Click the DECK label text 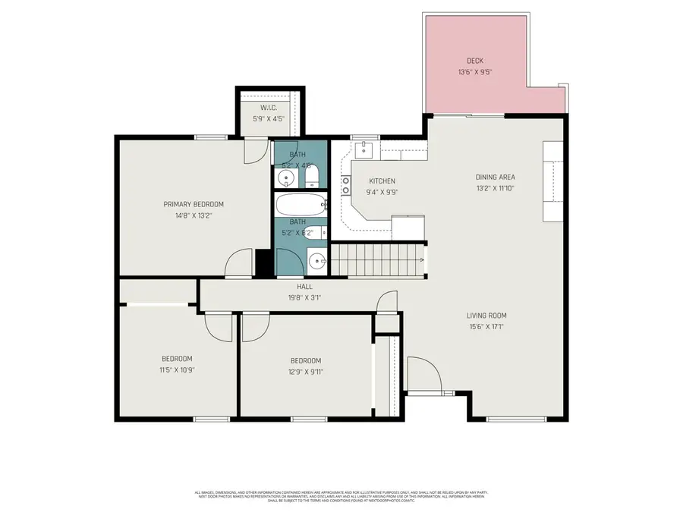point(475,61)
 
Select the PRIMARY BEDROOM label point(194,204)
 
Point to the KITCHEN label point(382,181)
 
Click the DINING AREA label point(496,177)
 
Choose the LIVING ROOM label point(486,316)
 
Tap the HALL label point(305,287)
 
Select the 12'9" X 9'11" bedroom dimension point(306,372)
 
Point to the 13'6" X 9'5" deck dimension point(475,73)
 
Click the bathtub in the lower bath point(301,205)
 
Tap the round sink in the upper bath point(285,178)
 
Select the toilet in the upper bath point(311,179)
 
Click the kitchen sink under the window point(364,148)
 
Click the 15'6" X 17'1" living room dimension point(486,328)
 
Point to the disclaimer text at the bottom point(341,496)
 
